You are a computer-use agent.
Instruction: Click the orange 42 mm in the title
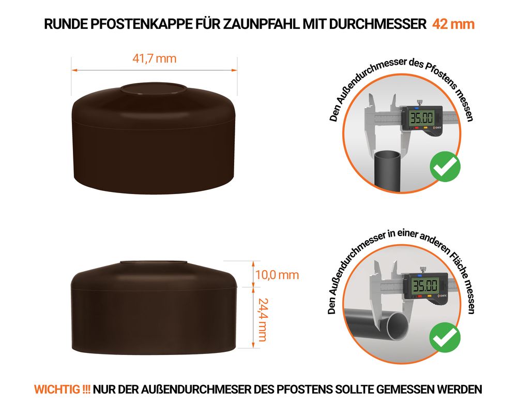(x=453, y=24)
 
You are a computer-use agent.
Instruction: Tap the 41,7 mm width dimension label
(x=154, y=59)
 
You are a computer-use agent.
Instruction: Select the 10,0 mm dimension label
(x=277, y=275)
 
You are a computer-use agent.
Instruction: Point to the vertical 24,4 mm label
(x=263, y=320)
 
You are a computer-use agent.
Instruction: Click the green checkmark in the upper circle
(x=445, y=167)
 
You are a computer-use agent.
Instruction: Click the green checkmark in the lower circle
(x=445, y=337)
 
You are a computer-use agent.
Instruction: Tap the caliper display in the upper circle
(x=421, y=117)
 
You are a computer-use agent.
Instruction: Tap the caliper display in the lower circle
(x=425, y=285)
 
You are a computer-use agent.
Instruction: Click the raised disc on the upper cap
(x=154, y=89)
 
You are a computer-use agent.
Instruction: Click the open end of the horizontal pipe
(x=397, y=326)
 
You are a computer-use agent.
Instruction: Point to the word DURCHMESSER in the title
(x=378, y=24)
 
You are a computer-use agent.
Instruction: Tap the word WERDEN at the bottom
(x=460, y=390)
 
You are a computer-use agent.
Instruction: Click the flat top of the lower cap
(x=154, y=262)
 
